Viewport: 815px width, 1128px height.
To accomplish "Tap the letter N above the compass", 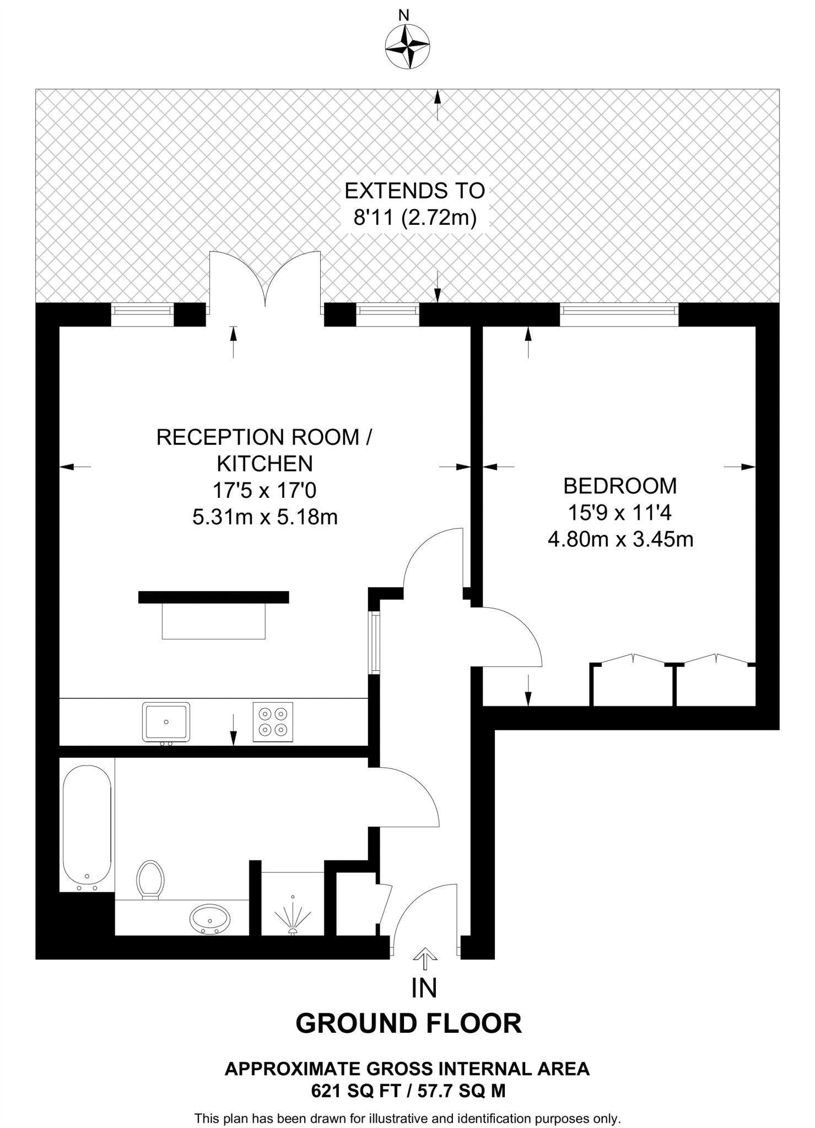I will pos(404,15).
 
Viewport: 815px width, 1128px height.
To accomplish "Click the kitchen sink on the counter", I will pos(166,722).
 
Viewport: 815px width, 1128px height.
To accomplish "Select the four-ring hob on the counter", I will pos(273,722).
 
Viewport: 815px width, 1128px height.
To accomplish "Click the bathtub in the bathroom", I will pos(87,824).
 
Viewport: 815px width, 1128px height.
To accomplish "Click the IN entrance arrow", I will pos(424,959).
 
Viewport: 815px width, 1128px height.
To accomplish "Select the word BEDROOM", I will pos(620,486).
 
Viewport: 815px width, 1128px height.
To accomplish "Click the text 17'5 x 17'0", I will pos(265,490).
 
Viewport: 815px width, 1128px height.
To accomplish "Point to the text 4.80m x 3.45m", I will pos(620,539).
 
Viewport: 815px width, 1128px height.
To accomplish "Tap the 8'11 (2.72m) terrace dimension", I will pos(414,218).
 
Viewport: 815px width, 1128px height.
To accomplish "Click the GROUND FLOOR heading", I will pos(408,1024).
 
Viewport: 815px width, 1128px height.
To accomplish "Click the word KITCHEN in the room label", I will pos(265,464).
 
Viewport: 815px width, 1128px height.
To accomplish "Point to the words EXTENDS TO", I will pos(414,191).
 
